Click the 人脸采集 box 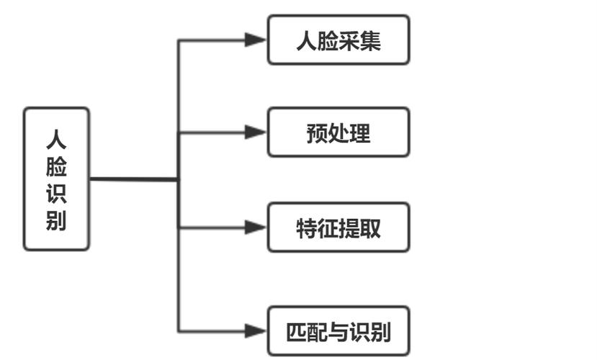[x=338, y=40]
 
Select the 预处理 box [x=338, y=132]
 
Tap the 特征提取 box [x=338, y=227]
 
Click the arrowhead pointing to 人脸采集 [x=256, y=40]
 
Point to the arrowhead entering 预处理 [x=256, y=132]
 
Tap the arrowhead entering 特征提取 [x=256, y=227]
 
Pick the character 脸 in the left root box [x=56, y=168]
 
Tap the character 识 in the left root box [x=56, y=194]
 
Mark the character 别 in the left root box [x=56, y=221]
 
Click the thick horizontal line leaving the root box [x=133, y=179]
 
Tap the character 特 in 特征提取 [x=307, y=228]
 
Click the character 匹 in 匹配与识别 [x=296, y=332]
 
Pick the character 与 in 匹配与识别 [x=338, y=332]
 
